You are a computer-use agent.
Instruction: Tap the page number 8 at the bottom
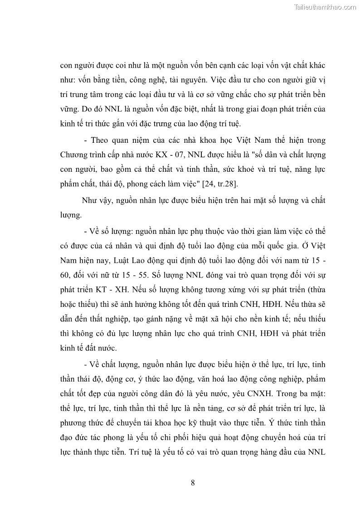193,482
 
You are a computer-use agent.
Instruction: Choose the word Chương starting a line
73,154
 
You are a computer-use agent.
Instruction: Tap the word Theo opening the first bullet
101,140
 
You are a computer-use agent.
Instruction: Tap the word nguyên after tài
184,80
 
